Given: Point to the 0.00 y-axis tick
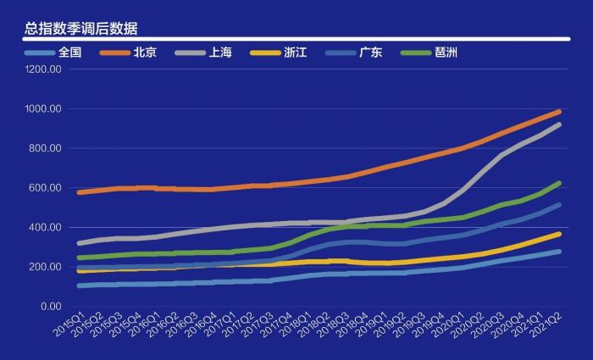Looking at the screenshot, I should click(49, 307).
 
